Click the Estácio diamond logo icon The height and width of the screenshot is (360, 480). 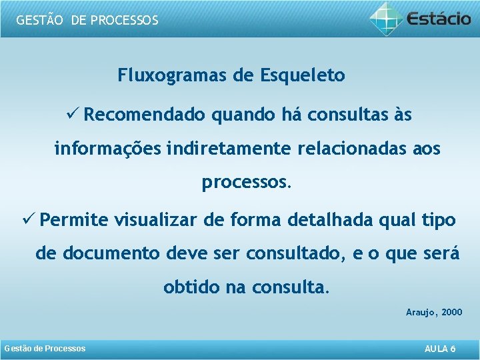[386, 18]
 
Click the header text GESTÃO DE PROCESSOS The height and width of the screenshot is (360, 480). [87, 20]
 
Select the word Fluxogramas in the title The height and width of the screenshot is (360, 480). [173, 75]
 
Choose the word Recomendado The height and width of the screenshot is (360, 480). [145, 115]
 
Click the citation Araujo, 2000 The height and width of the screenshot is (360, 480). [434, 312]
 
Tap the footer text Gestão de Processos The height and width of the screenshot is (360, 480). [45, 349]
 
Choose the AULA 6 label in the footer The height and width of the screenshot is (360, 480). [440, 349]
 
